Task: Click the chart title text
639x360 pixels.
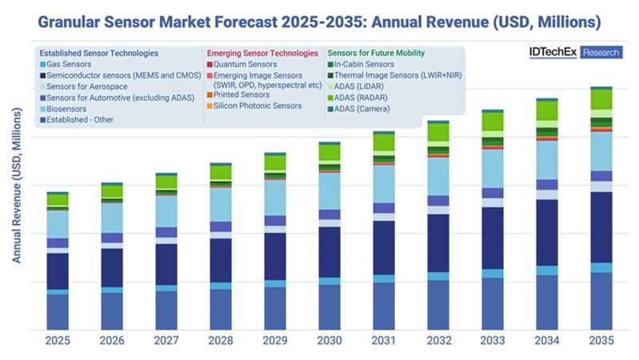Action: (x=320, y=17)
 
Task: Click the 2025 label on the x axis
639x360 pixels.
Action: (x=58, y=341)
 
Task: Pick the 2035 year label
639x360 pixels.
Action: (x=601, y=341)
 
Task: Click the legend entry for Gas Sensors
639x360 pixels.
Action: (x=70, y=63)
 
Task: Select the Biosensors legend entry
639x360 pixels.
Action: (x=69, y=108)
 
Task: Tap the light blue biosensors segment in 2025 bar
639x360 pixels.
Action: (x=58, y=224)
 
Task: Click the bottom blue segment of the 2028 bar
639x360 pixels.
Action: (x=221, y=309)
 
